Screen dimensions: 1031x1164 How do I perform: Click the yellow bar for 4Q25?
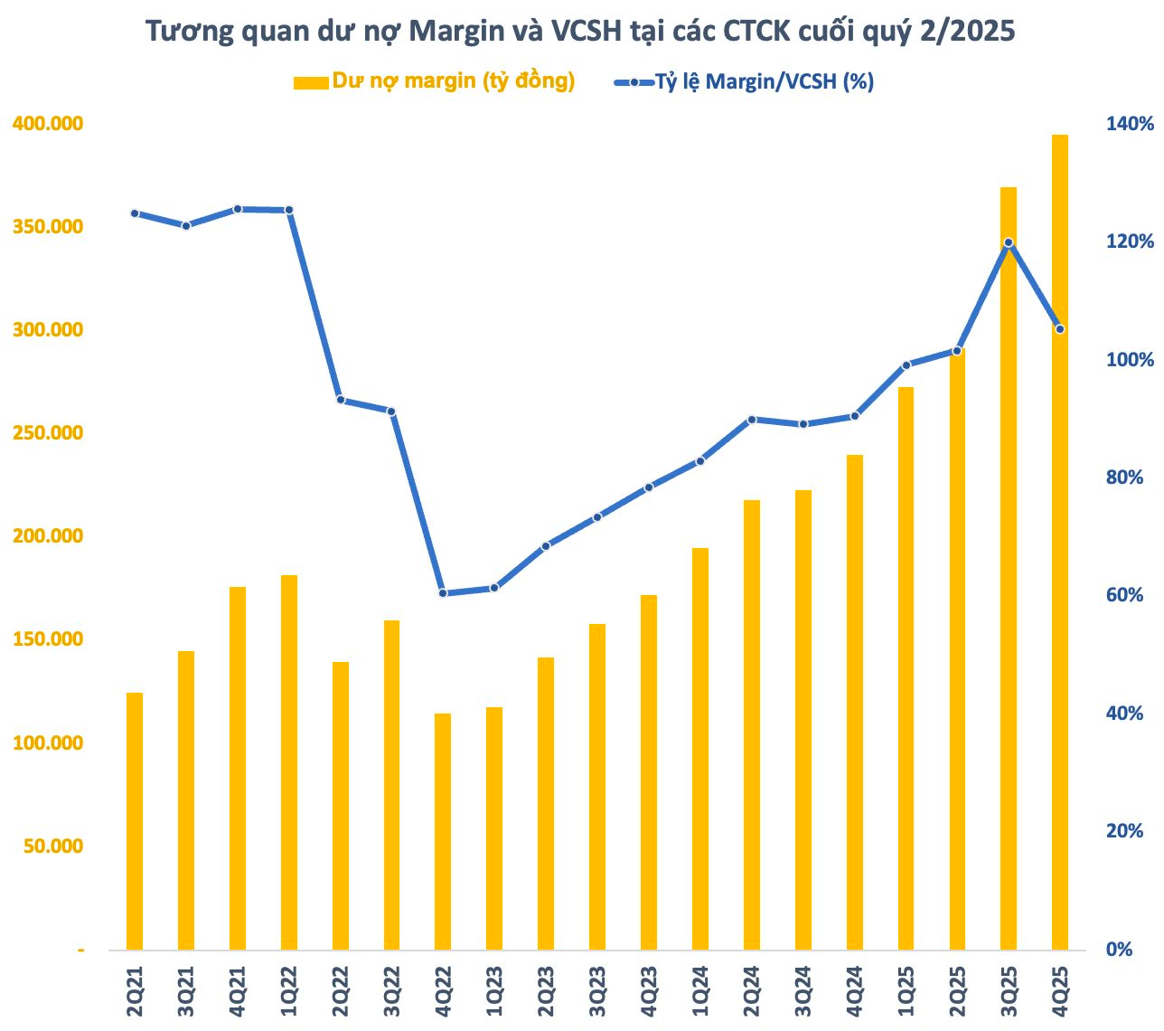tap(1059, 543)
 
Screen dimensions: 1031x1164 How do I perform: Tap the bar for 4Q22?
tap(443, 832)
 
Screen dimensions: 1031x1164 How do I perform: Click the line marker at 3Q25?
tap(1009, 242)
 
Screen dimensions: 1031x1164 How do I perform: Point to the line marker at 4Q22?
tap(443, 593)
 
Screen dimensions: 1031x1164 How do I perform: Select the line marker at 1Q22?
tap(289, 210)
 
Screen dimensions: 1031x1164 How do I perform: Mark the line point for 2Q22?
tap(341, 399)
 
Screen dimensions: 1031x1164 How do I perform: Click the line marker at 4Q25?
tap(1060, 329)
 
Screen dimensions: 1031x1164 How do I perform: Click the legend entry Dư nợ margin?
tap(434, 81)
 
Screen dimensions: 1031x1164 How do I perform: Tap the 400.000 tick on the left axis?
tap(47, 123)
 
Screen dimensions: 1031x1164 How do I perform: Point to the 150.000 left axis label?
tap(47, 639)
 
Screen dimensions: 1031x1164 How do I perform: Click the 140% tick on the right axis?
tap(1130, 124)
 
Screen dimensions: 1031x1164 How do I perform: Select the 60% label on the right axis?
tap(1125, 595)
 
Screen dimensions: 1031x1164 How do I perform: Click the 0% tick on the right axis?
tap(1122, 949)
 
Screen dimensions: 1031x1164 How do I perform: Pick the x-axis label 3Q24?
tap(803, 992)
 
